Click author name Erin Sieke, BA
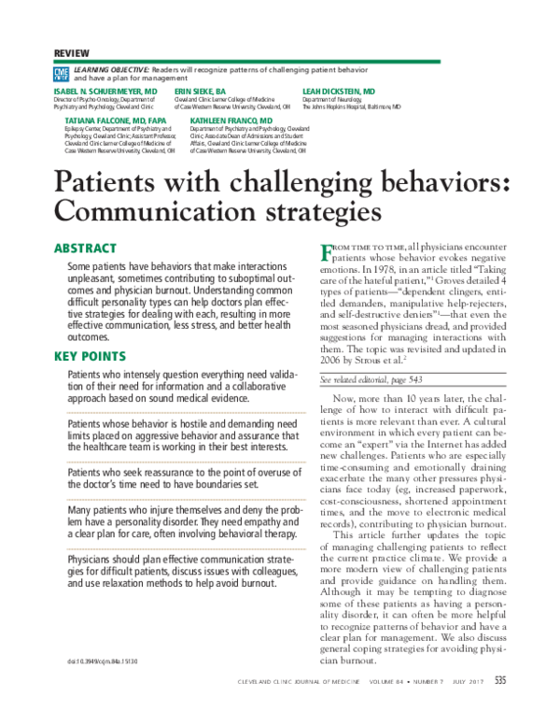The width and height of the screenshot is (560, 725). coord(201,92)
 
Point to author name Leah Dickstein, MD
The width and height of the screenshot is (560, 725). coord(339,92)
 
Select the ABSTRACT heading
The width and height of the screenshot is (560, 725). coord(84,249)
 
